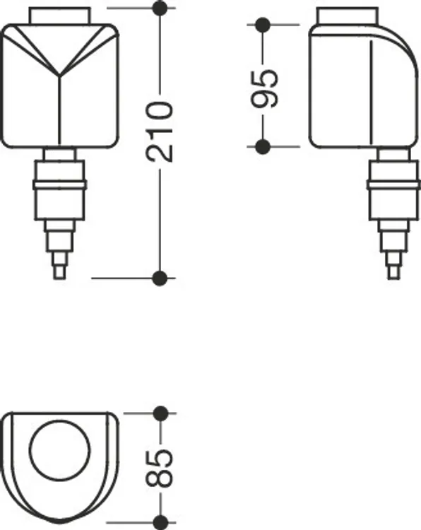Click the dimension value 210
(159, 131)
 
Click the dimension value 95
(265, 88)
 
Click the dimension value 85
(159, 469)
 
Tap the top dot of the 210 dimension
(160, 8)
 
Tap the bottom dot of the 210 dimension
(160, 278)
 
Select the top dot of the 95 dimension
(263, 25)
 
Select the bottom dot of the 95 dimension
(263, 147)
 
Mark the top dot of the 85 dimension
(160, 413)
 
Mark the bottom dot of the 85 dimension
(160, 522)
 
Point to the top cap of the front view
(59, 16)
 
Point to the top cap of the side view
(348, 16)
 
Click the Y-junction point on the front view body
(60, 74)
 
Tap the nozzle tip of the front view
(59, 273)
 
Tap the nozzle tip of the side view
(393, 273)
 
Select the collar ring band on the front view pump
(60, 185)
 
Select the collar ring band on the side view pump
(394, 185)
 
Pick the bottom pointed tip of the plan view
(60, 522)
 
